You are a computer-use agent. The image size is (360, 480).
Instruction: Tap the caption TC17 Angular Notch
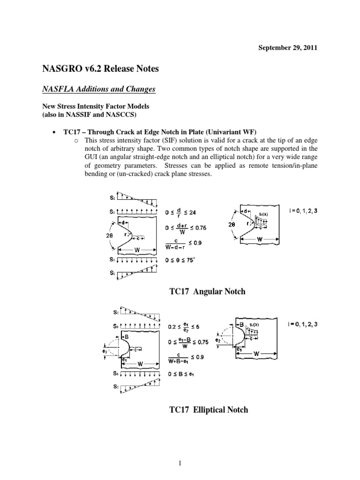207,292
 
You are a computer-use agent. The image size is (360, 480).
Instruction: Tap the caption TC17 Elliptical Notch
208,410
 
